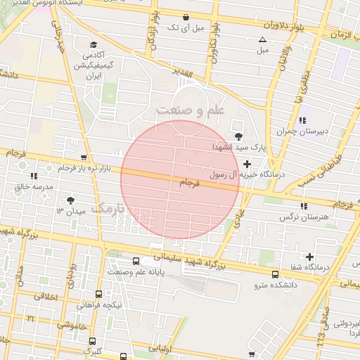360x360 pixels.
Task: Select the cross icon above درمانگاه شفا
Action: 309,257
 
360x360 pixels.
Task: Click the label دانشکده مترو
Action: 275,286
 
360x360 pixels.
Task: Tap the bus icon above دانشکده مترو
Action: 275,274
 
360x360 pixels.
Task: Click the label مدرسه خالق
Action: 34,187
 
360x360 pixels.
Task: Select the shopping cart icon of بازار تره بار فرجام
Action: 84,157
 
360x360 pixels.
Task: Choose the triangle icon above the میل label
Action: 263,39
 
